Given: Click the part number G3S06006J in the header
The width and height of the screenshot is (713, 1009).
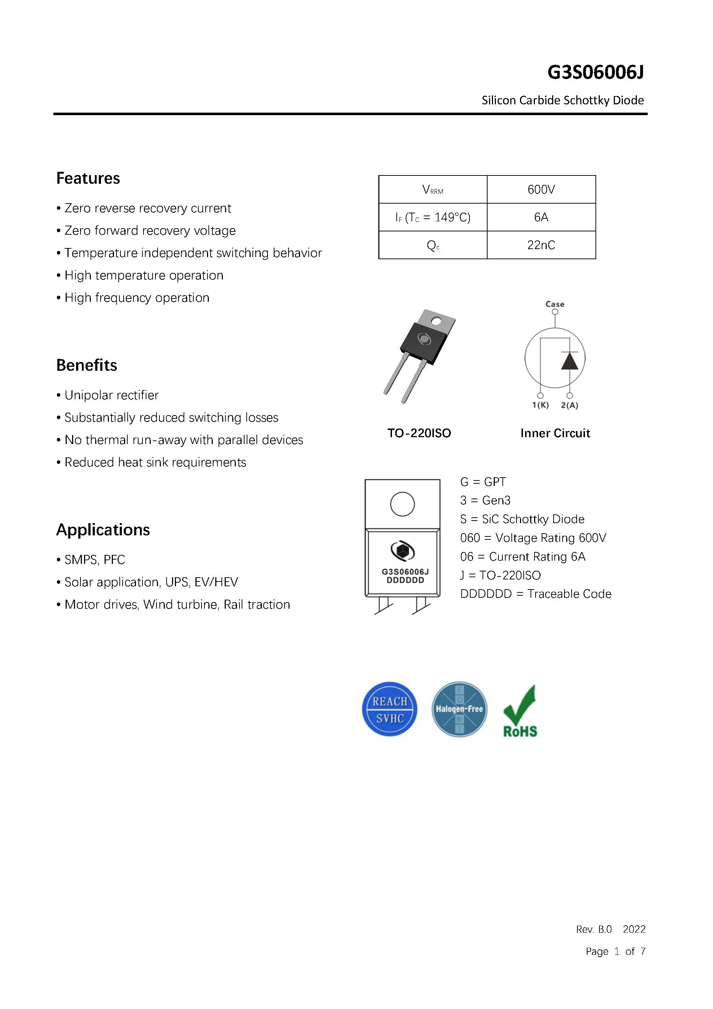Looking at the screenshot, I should pyautogui.click(x=595, y=73).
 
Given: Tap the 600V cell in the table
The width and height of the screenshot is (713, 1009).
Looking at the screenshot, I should pyautogui.click(x=541, y=190).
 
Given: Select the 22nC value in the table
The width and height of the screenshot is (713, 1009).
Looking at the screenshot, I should pyautogui.click(x=541, y=245).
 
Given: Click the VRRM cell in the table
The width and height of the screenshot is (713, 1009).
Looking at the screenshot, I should pyautogui.click(x=432, y=190).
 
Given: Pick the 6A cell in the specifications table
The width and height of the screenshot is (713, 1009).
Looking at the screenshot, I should pyautogui.click(x=541, y=217).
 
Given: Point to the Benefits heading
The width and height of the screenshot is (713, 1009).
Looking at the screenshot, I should pyautogui.click(x=87, y=365).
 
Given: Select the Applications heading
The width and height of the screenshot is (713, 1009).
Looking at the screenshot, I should pyautogui.click(x=103, y=530).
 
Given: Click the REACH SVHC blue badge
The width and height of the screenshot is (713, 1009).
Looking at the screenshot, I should pyautogui.click(x=389, y=709).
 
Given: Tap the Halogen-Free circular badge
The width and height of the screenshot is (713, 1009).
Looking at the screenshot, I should pyautogui.click(x=459, y=709).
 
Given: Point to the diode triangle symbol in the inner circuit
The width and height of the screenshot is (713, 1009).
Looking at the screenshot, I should pyautogui.click(x=569, y=361).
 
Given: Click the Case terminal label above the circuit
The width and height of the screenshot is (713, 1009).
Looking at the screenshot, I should pyautogui.click(x=555, y=304).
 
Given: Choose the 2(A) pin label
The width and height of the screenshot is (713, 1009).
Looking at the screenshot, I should pyautogui.click(x=569, y=405).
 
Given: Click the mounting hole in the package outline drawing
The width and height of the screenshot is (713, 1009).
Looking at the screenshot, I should pyautogui.click(x=402, y=504).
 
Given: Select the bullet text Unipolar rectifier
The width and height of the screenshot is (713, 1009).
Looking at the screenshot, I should pyautogui.click(x=111, y=395).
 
